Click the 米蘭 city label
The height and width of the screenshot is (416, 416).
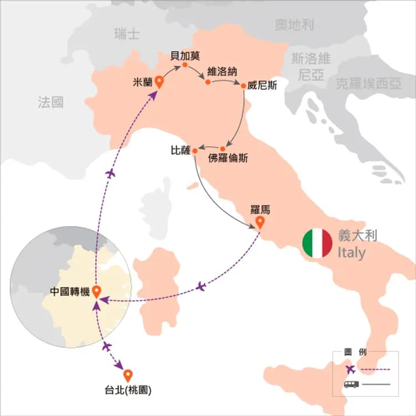(143, 82)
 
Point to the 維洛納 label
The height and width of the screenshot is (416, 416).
(220, 72)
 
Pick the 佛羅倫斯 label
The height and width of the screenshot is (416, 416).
(228, 158)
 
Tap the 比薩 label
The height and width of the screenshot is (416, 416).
(181, 150)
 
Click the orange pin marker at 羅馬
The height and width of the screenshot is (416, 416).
(260, 224)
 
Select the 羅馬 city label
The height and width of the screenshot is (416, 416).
(260, 210)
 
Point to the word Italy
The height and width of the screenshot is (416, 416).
(352, 253)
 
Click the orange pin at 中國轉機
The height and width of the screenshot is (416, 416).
(97, 291)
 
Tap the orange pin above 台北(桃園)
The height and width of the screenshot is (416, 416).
(128, 375)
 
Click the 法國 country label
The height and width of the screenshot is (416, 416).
(51, 102)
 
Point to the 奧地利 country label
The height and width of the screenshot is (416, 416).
(295, 24)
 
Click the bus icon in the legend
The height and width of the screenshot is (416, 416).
(351, 384)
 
